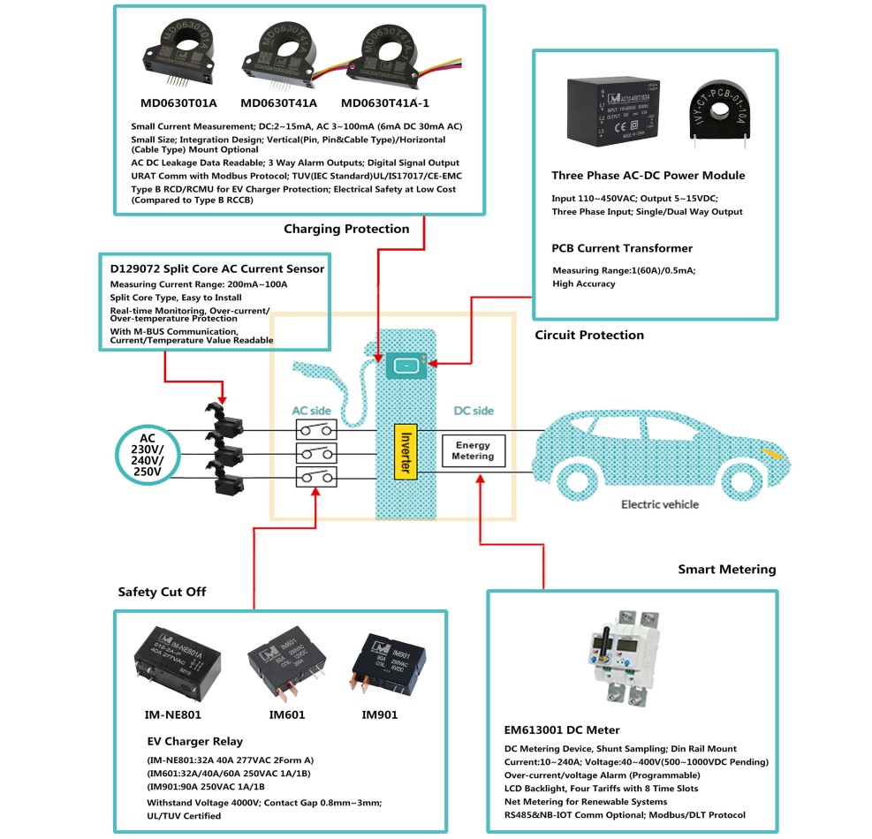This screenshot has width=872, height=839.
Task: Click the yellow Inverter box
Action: click(405, 451)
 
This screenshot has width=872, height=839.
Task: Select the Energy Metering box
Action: click(473, 451)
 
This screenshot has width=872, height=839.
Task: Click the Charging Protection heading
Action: click(346, 229)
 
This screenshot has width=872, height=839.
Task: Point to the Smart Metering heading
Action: click(726, 570)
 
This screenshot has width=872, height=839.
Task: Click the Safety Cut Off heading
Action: click(162, 592)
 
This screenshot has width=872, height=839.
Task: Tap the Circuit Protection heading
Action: click(589, 335)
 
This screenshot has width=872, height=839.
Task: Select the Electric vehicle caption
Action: click(659, 504)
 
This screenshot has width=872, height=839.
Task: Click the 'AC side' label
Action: click(312, 411)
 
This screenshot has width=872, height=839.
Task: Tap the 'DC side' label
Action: click(474, 411)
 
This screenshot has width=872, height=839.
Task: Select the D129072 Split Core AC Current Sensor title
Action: click(216, 268)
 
